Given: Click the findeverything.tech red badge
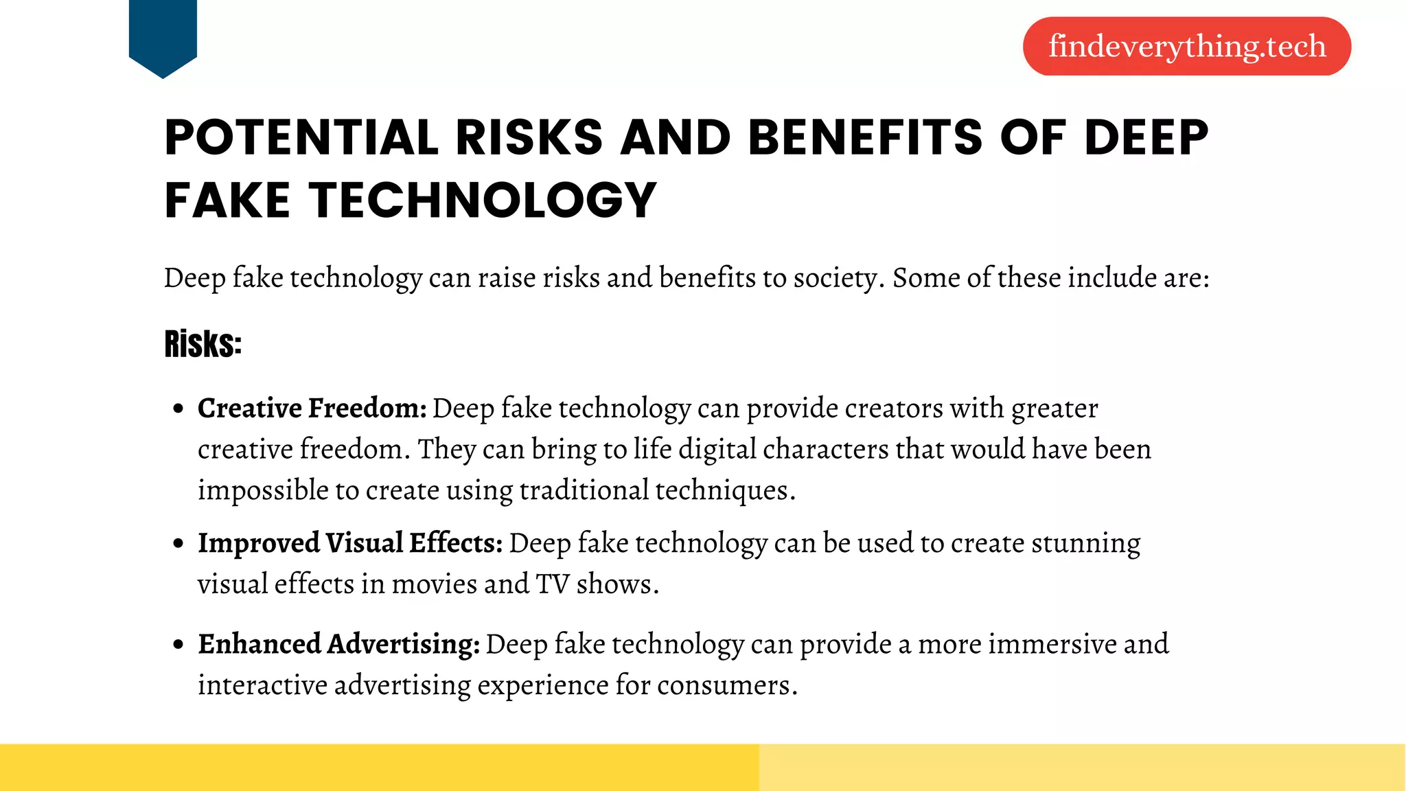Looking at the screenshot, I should tap(1186, 46).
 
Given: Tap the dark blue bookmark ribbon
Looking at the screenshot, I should tap(163, 34).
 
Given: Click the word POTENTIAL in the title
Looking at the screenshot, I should tap(301, 137).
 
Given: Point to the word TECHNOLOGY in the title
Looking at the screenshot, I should tap(483, 200).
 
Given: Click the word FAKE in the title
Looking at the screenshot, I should tap(227, 200).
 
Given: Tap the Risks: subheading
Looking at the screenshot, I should tap(203, 344).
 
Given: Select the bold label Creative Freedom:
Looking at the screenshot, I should tap(312, 409).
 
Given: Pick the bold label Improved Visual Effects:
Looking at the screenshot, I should tap(350, 543).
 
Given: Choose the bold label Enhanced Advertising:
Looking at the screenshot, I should tap(339, 644).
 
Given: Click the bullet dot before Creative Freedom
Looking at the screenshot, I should tap(178, 409).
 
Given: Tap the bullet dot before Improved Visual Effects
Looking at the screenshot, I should tap(178, 544).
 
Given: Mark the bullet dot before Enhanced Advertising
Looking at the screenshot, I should tap(178, 645).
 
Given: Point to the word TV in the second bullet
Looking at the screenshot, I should tap(553, 584).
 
